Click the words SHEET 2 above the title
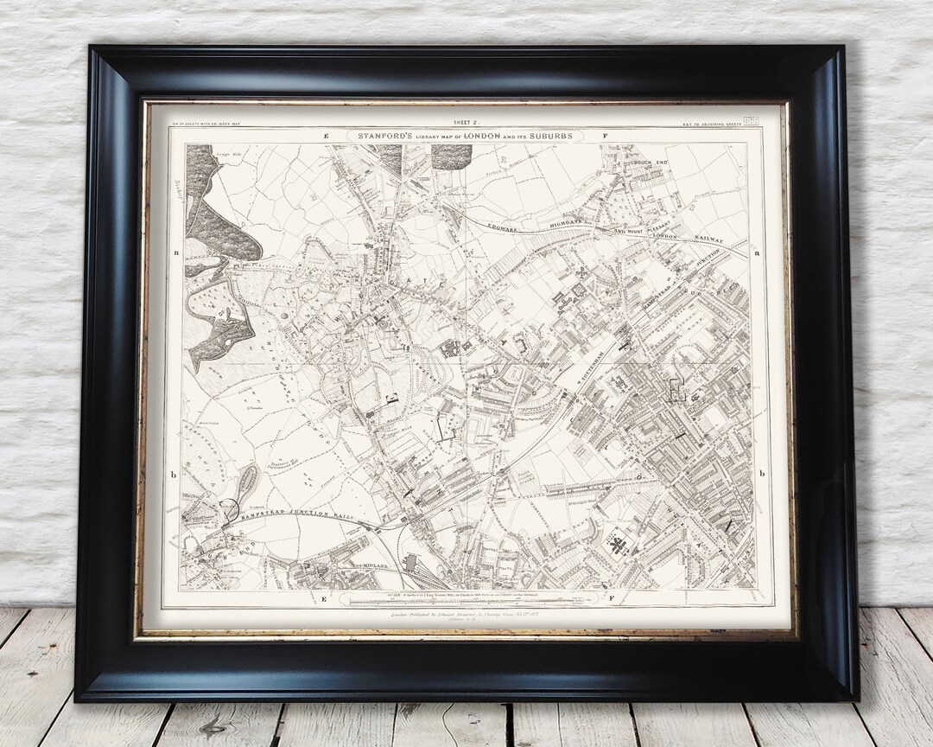pyautogui.click(x=467, y=124)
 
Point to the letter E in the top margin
pyautogui.click(x=327, y=137)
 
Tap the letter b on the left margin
pyautogui.click(x=174, y=474)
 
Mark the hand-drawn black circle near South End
pyautogui.click(x=229, y=511)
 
